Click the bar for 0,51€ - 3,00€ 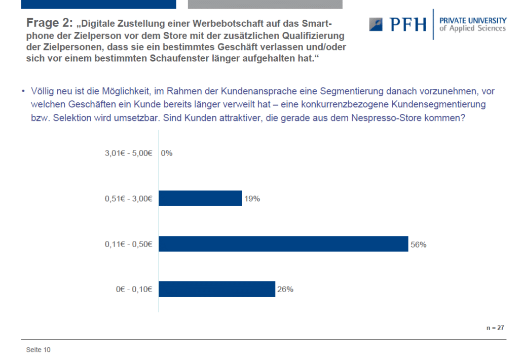200,198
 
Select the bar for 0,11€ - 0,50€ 283,244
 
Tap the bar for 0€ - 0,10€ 217,289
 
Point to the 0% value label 166,153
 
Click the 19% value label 252,198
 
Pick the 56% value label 419,245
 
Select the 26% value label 285,289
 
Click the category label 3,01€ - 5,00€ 129,153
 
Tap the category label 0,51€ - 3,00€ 129,198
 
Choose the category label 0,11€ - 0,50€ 129,244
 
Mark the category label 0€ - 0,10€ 134,289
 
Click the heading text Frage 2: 49,23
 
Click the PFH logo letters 408,24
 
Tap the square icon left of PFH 376,24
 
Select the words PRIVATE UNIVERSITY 473,20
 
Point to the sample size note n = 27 495,328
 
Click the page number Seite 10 39,350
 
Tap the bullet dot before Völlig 23,91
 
